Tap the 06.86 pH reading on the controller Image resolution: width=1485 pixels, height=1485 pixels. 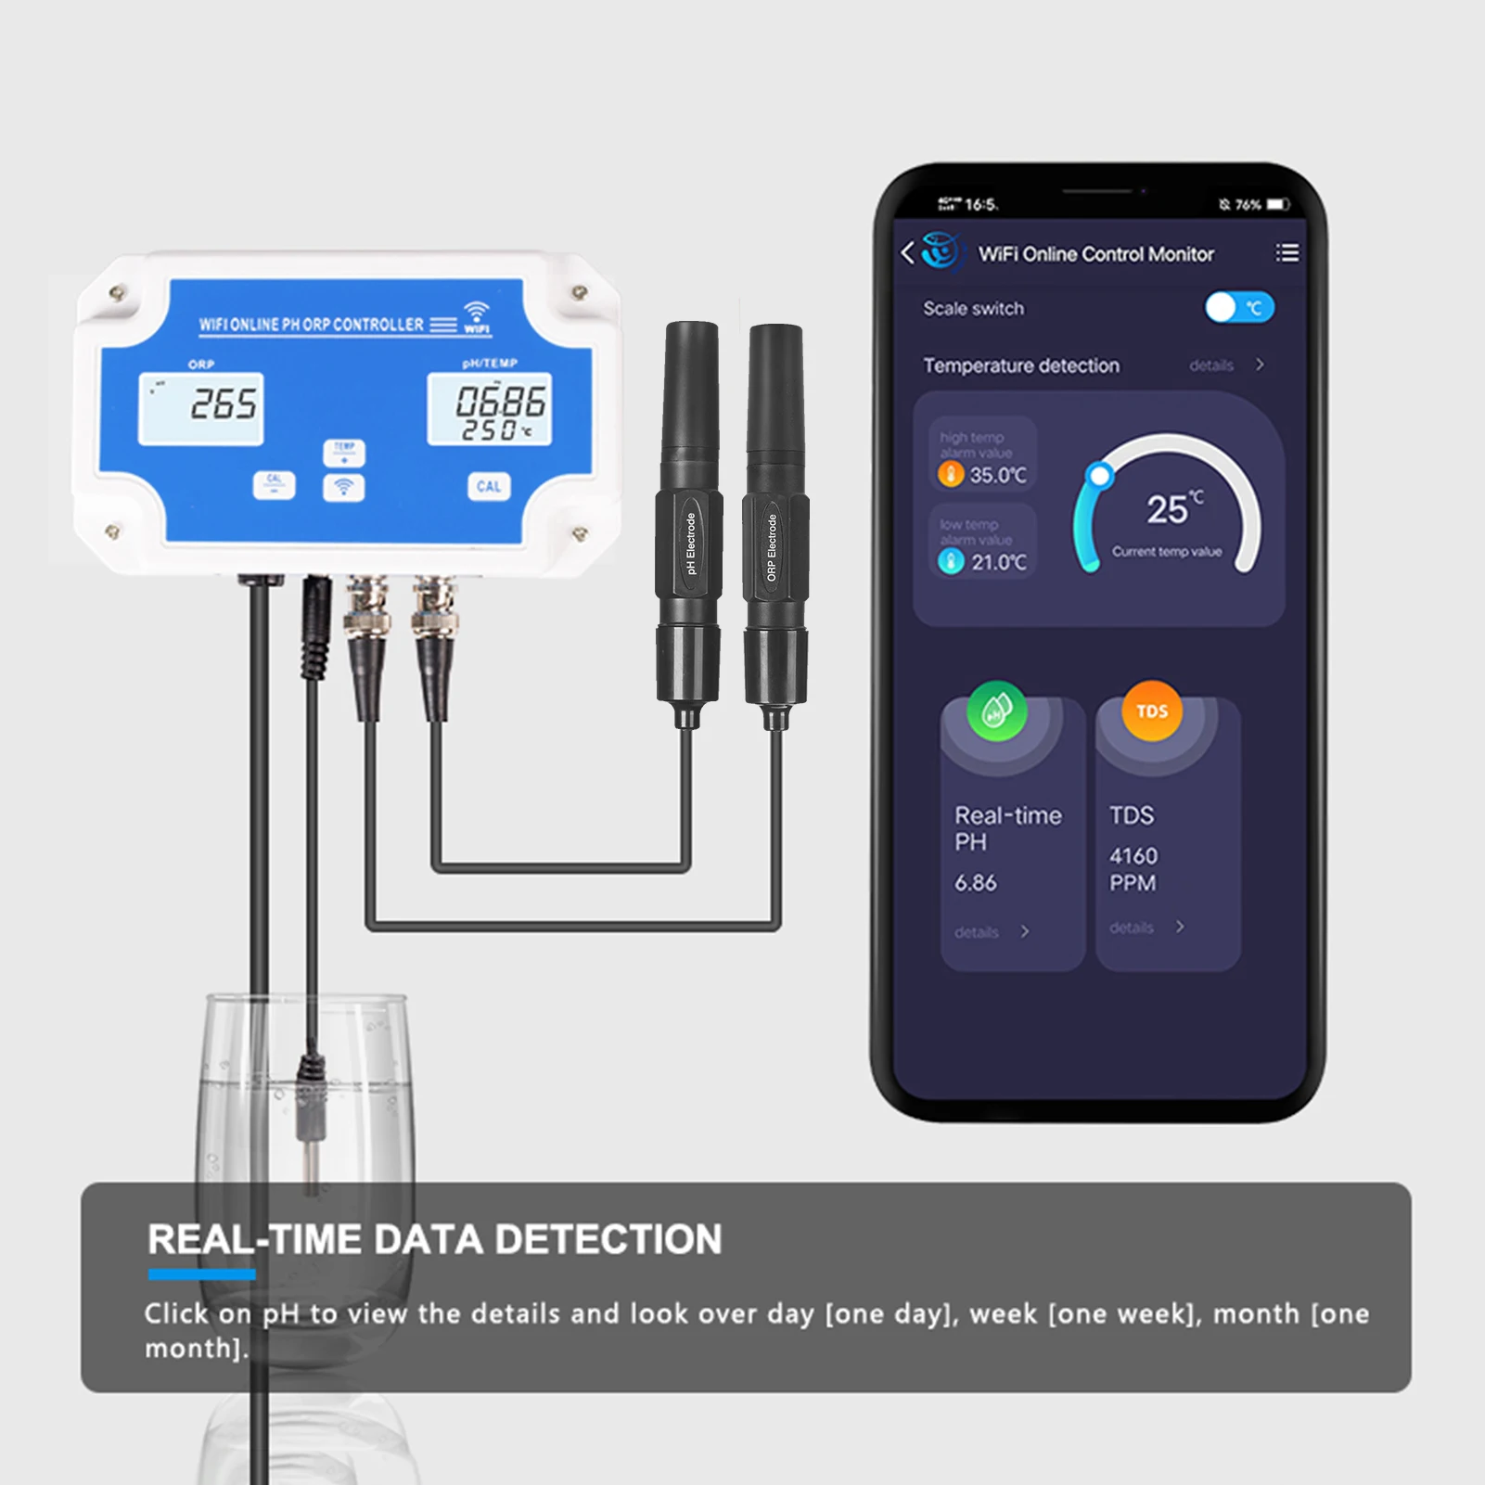[x=500, y=402]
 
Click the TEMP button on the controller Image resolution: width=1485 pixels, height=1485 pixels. [x=344, y=452]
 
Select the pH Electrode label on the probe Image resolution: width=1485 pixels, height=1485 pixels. [x=690, y=544]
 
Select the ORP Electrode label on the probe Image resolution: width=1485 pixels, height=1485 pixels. [x=772, y=547]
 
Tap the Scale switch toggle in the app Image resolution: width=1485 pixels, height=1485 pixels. [x=1239, y=308]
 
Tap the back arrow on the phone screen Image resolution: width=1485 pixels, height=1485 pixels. [x=908, y=252]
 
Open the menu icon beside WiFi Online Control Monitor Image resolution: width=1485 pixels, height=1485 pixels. [x=1287, y=253]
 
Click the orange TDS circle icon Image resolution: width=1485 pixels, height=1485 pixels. [x=1152, y=711]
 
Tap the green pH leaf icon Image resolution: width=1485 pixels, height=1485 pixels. [x=996, y=711]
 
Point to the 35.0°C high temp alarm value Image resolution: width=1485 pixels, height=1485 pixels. [x=997, y=475]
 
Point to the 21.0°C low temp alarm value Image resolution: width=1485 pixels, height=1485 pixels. [x=998, y=562]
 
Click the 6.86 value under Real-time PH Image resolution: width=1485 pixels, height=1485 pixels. [x=976, y=883]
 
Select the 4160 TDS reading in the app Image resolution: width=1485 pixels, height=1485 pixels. [x=1133, y=856]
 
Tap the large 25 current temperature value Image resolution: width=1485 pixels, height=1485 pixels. [x=1167, y=509]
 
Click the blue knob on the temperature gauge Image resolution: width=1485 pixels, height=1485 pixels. [x=1100, y=476]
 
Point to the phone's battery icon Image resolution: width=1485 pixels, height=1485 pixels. [x=1279, y=204]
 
